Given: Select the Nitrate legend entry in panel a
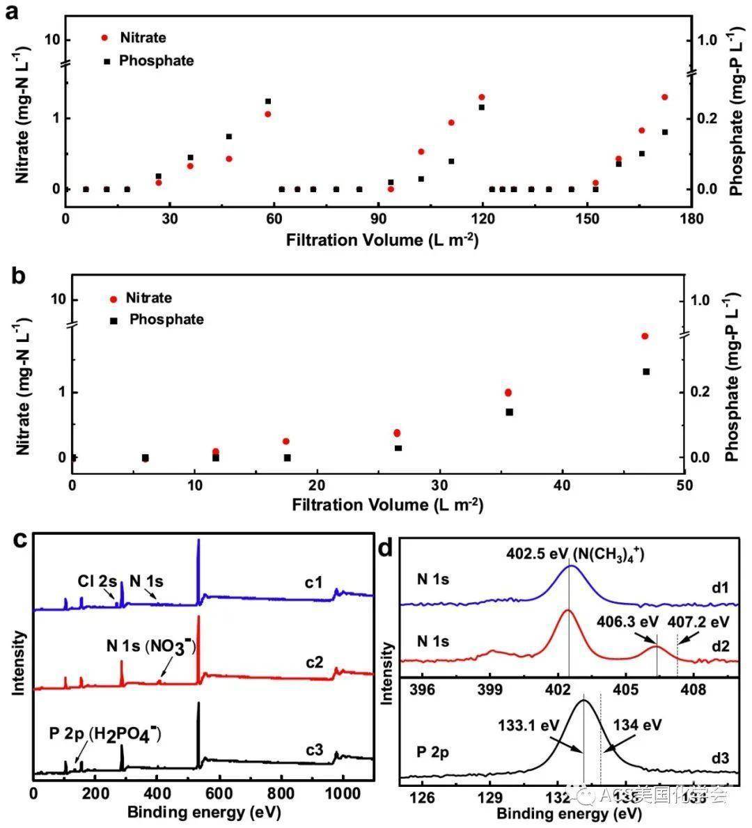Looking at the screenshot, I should coord(142,38).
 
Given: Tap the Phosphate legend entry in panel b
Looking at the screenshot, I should coord(166,320).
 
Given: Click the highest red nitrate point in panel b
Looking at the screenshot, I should coord(645,336).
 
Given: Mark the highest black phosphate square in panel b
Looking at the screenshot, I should coord(645,372).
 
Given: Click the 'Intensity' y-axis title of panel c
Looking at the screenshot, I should coord(19,662).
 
